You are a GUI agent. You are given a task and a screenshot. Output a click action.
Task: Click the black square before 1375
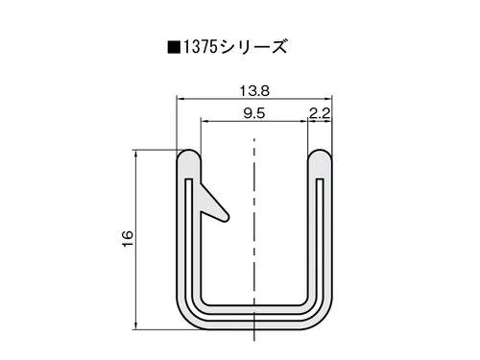[174, 47]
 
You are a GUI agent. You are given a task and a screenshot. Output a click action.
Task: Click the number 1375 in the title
[200, 47]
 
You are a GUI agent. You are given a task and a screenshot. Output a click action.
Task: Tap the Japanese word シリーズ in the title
[253, 47]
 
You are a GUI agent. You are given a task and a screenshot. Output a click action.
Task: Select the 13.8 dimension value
[254, 91]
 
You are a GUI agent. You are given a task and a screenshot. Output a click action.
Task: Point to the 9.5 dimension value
[254, 113]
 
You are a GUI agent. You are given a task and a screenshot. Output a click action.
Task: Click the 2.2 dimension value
[320, 113]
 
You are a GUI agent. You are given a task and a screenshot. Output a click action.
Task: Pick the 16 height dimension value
[128, 239]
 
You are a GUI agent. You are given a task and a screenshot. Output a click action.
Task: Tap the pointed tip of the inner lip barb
[228, 218]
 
